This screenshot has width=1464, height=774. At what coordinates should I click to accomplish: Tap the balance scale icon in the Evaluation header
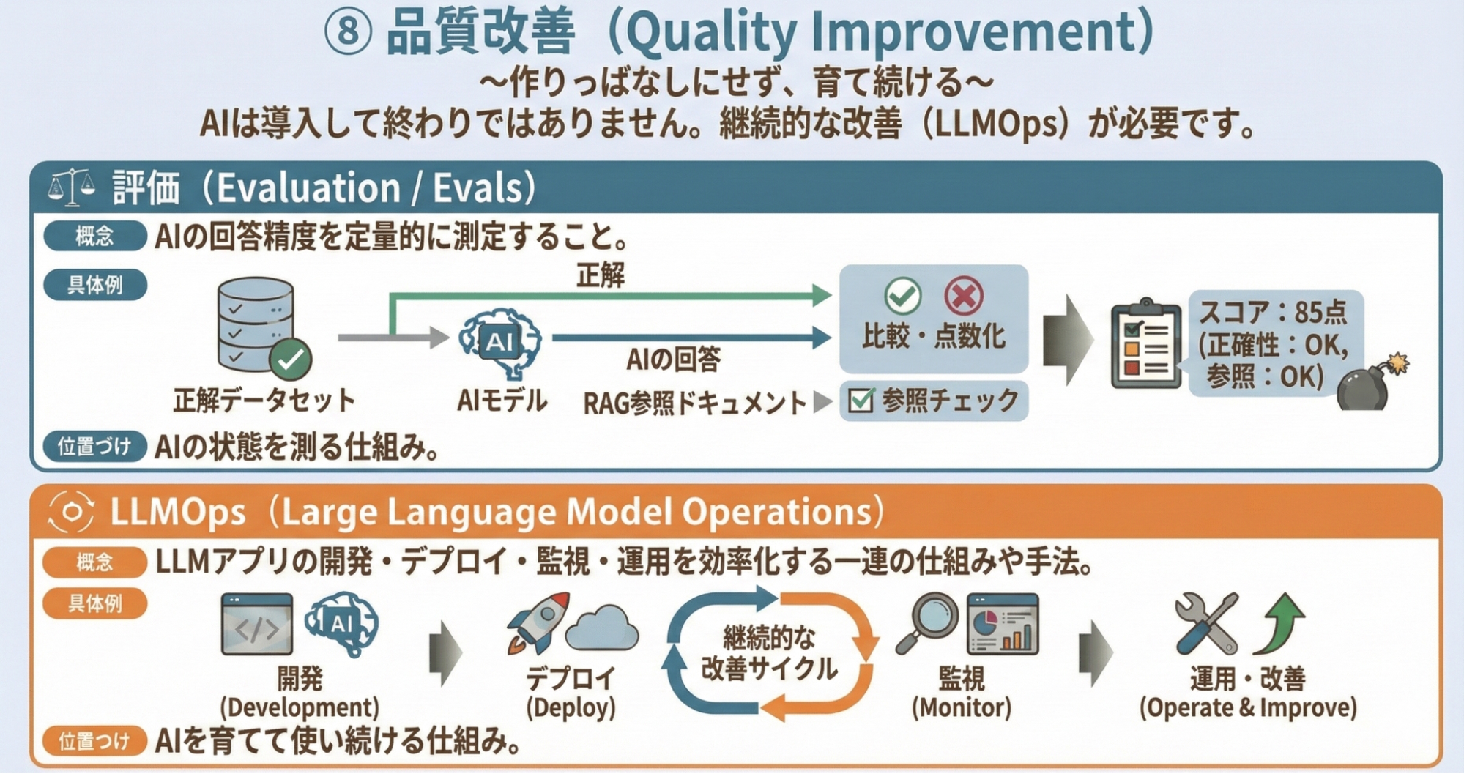click(71, 187)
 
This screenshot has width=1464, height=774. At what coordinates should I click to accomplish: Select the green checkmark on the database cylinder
click(291, 359)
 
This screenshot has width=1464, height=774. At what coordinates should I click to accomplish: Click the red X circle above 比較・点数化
click(963, 296)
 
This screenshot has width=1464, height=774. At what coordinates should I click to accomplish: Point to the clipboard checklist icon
click(1146, 343)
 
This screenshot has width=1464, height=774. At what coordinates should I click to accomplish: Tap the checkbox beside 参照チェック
click(861, 400)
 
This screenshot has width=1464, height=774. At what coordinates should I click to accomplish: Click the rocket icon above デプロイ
click(538, 623)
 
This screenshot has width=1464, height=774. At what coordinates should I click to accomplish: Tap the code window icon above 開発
click(256, 625)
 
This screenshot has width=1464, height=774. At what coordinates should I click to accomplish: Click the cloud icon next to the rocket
click(603, 628)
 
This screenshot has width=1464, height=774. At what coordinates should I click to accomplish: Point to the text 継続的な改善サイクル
click(768, 653)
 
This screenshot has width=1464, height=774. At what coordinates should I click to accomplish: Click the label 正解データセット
click(264, 401)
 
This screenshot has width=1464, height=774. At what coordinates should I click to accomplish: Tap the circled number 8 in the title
click(348, 32)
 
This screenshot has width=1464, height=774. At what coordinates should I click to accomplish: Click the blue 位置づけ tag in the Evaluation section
click(95, 447)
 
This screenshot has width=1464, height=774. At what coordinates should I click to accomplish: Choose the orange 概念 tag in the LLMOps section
click(95, 562)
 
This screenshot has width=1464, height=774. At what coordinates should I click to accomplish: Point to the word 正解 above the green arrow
click(601, 275)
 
